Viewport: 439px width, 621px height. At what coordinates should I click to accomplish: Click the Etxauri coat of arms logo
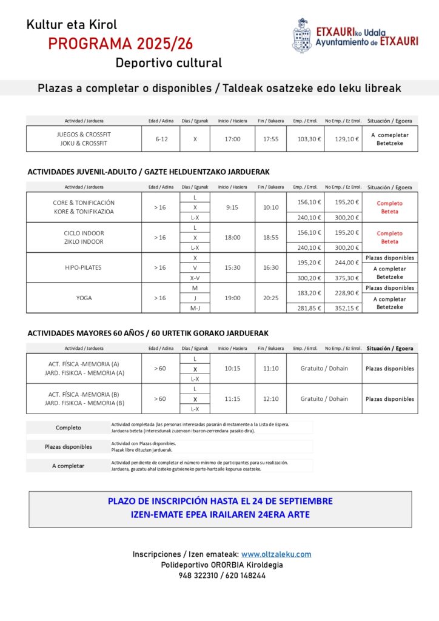[301, 36]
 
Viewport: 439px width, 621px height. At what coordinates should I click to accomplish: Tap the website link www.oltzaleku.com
[276, 554]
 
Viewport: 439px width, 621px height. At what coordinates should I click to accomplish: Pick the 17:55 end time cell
[270, 139]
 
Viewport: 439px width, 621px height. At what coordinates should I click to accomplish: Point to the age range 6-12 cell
[161, 139]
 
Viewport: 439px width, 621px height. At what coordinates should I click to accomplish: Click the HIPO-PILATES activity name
[84, 267]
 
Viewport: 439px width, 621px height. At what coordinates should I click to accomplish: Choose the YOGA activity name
[84, 298]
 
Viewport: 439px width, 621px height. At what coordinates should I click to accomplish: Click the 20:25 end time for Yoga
[270, 298]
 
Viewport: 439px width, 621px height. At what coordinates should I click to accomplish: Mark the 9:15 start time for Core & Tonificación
[232, 207]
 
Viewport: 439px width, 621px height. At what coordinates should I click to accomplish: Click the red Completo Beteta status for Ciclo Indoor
[390, 237]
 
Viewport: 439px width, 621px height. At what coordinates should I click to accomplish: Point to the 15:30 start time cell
[232, 267]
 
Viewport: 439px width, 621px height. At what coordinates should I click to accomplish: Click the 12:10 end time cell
[270, 398]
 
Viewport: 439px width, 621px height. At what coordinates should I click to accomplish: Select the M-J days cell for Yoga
[195, 308]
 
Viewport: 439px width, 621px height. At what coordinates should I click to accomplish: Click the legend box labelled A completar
[68, 466]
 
